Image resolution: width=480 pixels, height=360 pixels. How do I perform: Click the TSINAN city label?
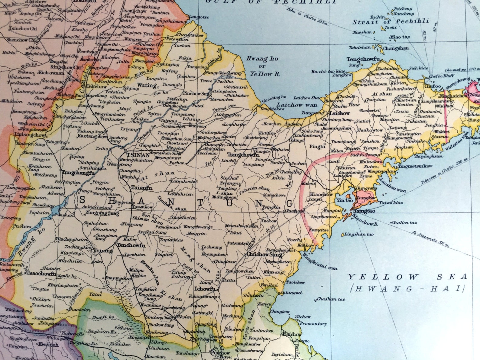138,154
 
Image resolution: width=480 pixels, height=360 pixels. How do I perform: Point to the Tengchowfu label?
363,60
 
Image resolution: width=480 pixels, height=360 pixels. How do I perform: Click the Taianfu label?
142,188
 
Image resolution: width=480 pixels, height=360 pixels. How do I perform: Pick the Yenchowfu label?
131,245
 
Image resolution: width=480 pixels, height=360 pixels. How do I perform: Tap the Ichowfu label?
205,289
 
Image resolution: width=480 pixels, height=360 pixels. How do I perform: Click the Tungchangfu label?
78,173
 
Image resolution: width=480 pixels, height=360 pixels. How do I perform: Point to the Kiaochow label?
321,194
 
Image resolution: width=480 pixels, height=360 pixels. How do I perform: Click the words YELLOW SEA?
407,277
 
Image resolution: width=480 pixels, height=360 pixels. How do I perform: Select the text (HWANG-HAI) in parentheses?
407,288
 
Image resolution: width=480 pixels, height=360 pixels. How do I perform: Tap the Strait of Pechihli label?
391,21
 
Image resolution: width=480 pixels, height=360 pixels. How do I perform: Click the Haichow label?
292,334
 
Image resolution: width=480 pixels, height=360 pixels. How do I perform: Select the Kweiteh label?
48,344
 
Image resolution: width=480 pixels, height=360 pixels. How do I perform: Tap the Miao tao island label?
400,37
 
